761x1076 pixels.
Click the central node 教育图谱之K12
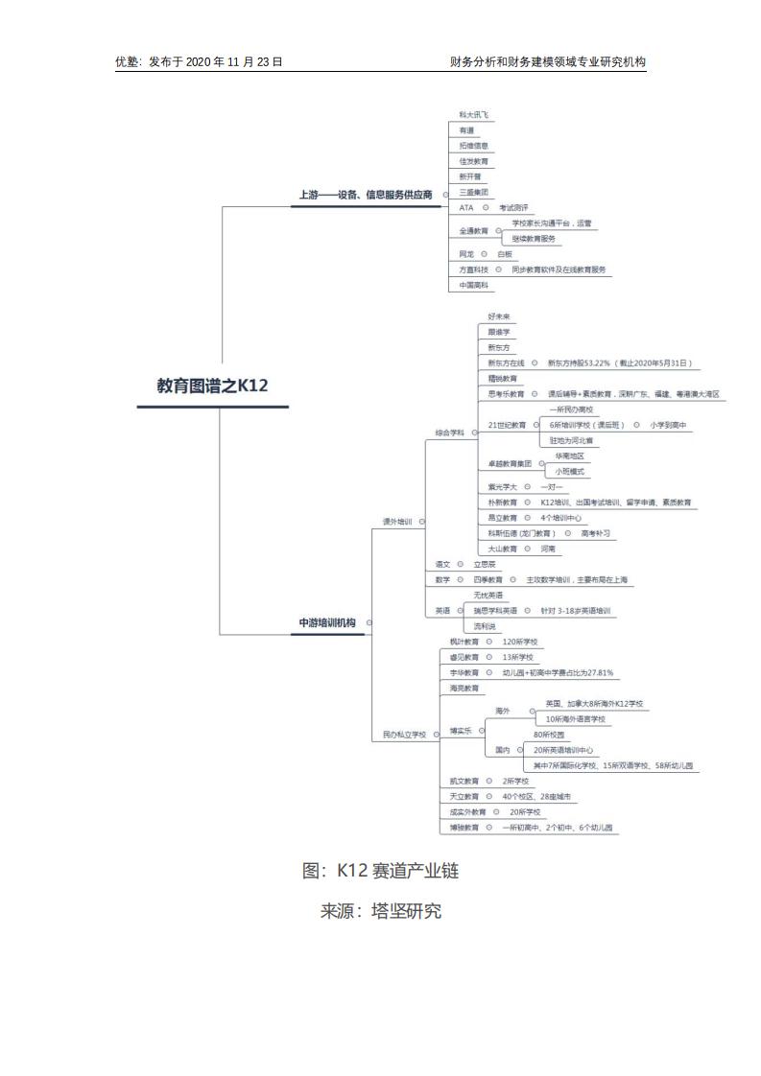pos(212,386)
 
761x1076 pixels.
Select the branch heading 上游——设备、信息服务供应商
pos(365,195)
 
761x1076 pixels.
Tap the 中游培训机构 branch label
pos(326,623)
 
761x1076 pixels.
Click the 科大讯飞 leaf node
pos(473,115)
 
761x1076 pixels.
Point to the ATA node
pos(465,207)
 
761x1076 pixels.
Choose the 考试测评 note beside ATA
pos(513,207)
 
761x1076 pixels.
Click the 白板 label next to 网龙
pos(505,254)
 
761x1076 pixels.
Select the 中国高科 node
pos(473,285)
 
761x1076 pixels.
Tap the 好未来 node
pos(499,316)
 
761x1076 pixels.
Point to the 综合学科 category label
pos(448,433)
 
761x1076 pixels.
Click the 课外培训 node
pos(397,522)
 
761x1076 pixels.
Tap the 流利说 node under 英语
pos(501,625)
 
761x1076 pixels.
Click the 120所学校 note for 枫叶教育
pos(520,642)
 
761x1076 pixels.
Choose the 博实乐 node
pos(461,731)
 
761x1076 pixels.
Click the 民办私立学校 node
pos(404,735)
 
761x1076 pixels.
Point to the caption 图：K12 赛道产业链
pos(380,871)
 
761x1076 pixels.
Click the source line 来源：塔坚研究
pos(380,911)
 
